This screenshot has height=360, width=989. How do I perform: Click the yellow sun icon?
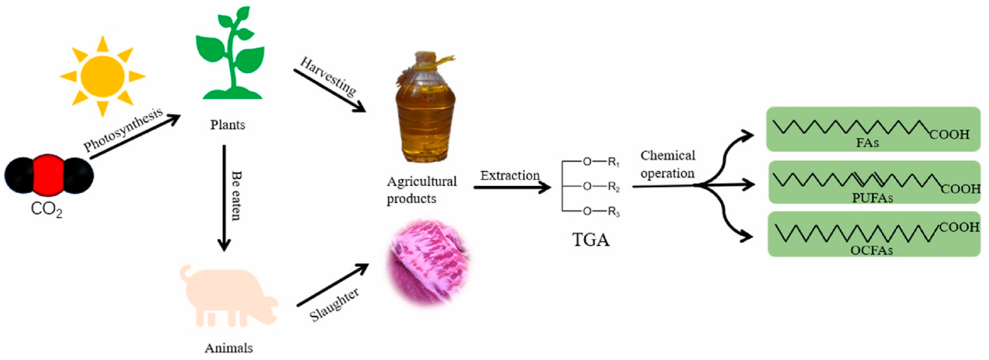tap(102, 76)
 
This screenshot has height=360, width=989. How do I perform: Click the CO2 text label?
tap(46, 210)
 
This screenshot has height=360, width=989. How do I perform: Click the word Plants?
tap(227, 125)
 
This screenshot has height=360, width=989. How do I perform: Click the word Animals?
tap(229, 348)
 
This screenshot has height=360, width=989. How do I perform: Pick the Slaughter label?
tap(334, 305)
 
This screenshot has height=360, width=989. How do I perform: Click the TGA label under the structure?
tap(591, 240)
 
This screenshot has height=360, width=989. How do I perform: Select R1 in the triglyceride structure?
tap(614, 162)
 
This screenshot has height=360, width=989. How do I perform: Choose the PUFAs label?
tap(872, 198)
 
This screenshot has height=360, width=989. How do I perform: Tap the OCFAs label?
tap(872, 250)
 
